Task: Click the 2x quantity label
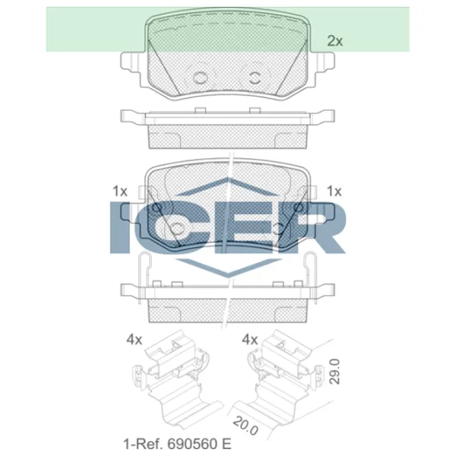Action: [335, 41]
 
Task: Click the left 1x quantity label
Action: [120, 191]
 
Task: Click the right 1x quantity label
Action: [334, 191]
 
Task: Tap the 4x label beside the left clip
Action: [134, 340]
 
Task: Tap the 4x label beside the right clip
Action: [250, 340]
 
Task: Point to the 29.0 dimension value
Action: [334, 372]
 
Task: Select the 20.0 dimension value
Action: [245, 426]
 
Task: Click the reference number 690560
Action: [192, 444]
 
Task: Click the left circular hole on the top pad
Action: [201, 78]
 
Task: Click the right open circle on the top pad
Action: [255, 78]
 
